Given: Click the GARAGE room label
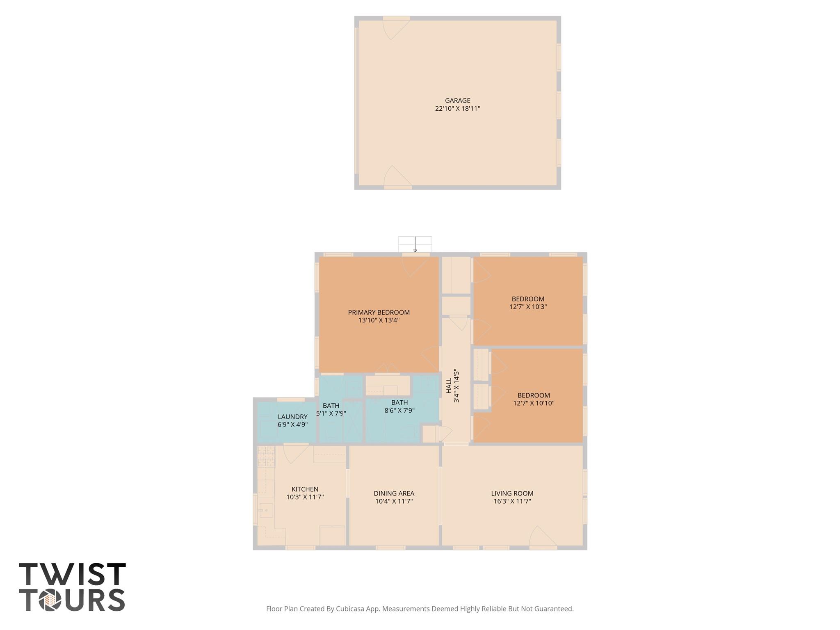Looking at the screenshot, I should pos(457,100).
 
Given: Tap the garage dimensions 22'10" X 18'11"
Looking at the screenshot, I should pos(457,109).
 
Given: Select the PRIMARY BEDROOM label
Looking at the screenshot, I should pos(379,313).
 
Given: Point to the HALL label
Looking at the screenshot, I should pos(449,386).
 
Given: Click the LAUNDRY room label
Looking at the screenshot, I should pos(292,417).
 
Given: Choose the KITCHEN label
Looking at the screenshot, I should pos(305,489).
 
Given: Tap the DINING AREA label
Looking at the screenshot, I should pos(394,493).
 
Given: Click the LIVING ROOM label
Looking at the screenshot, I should pos(512,493).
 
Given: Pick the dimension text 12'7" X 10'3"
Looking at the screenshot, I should pos(528,307).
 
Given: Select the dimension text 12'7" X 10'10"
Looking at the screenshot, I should pos(534,403).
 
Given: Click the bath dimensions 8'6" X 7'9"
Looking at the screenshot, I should pos(399,410).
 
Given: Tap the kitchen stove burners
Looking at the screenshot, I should pos(266,456).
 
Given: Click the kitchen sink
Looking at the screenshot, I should pos(266,510).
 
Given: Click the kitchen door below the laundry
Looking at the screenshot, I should pos(294,453).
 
